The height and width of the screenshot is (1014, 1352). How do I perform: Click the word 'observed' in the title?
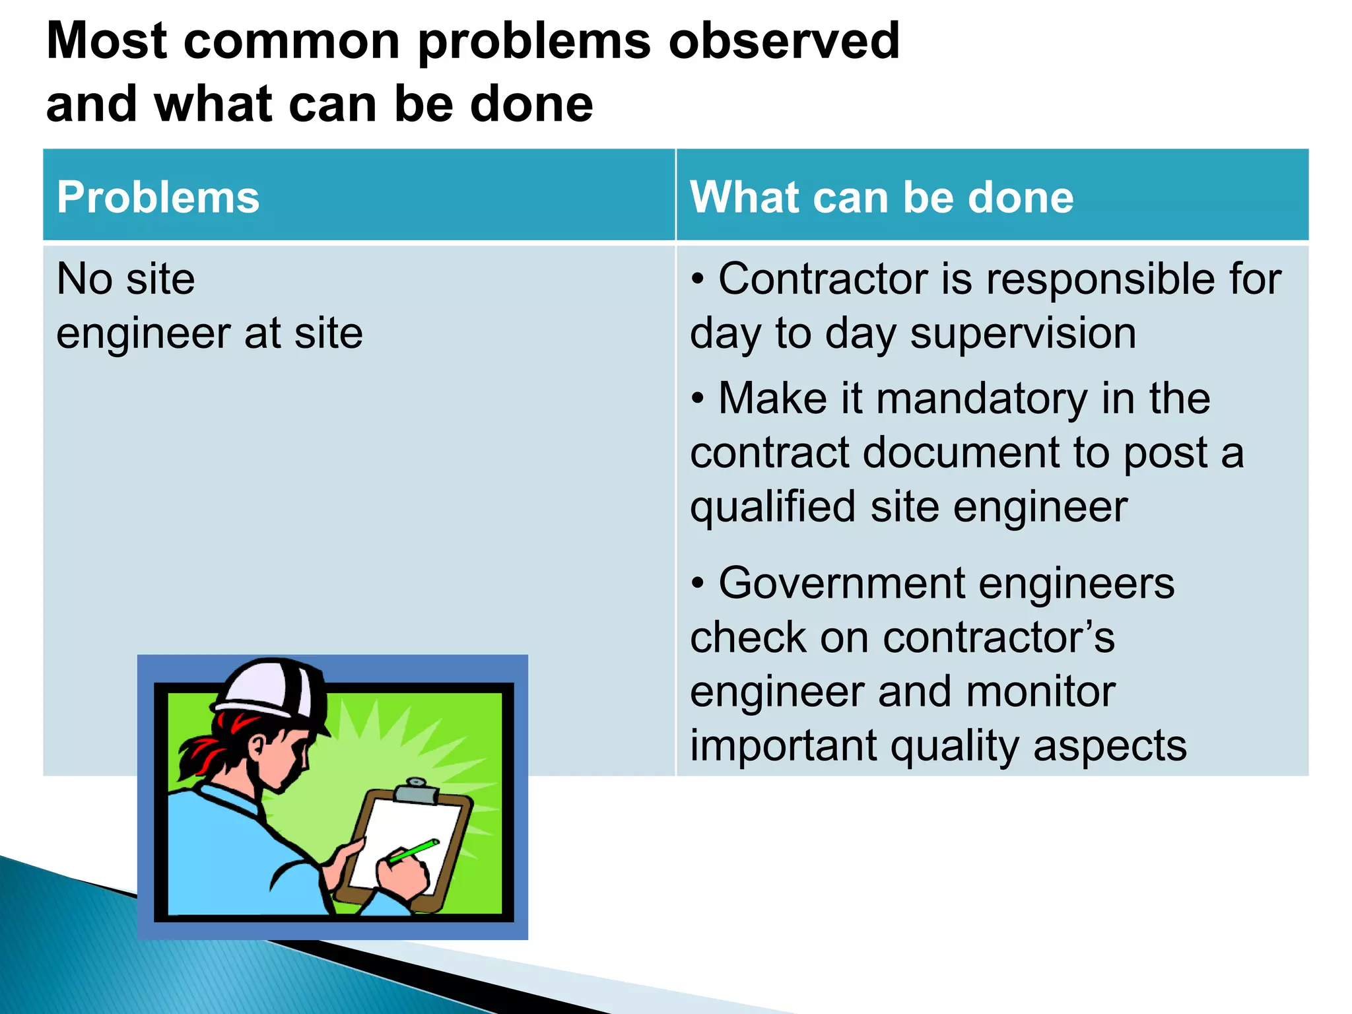(784, 41)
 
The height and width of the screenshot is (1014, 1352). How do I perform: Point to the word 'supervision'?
(1023, 333)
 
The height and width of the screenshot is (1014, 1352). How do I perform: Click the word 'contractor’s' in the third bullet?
(998, 638)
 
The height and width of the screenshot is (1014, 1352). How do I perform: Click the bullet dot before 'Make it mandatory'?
(698, 399)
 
